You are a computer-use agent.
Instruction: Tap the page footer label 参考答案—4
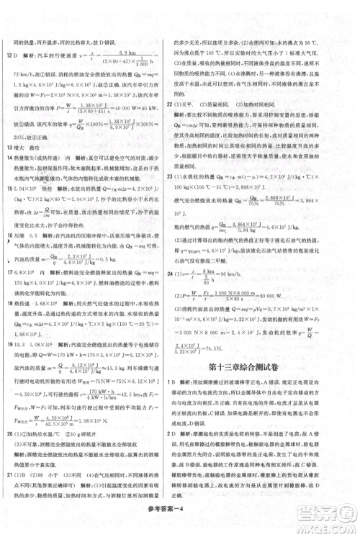coord(180,523)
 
